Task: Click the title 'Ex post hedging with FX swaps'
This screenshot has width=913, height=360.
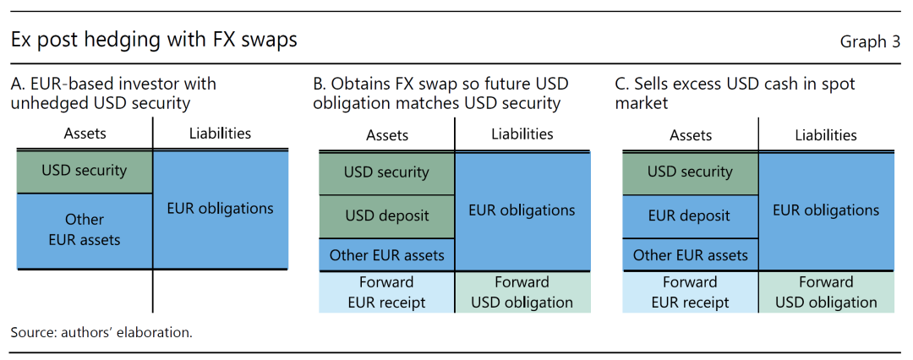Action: [155, 41]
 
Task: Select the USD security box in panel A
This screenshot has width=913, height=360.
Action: [84, 172]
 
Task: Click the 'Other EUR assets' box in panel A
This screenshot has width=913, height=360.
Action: [84, 231]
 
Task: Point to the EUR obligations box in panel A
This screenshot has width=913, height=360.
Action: [220, 209]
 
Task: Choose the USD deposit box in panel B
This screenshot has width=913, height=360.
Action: [386, 216]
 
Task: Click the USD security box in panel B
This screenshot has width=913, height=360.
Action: [386, 173]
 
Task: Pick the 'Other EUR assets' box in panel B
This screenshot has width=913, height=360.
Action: [386, 255]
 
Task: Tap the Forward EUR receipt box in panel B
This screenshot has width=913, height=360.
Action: [386, 292]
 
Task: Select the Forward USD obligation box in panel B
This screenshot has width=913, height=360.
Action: [523, 292]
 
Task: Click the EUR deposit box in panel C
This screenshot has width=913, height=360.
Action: [691, 216]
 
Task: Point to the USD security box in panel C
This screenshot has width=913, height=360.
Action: [691, 173]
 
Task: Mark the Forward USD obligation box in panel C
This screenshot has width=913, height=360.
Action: [827, 292]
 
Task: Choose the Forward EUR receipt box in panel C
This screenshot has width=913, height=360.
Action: [691, 292]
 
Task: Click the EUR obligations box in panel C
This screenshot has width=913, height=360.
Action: [827, 211]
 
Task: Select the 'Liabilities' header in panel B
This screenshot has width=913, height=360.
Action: [522, 134]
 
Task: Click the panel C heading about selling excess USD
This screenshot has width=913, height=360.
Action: [735, 94]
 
